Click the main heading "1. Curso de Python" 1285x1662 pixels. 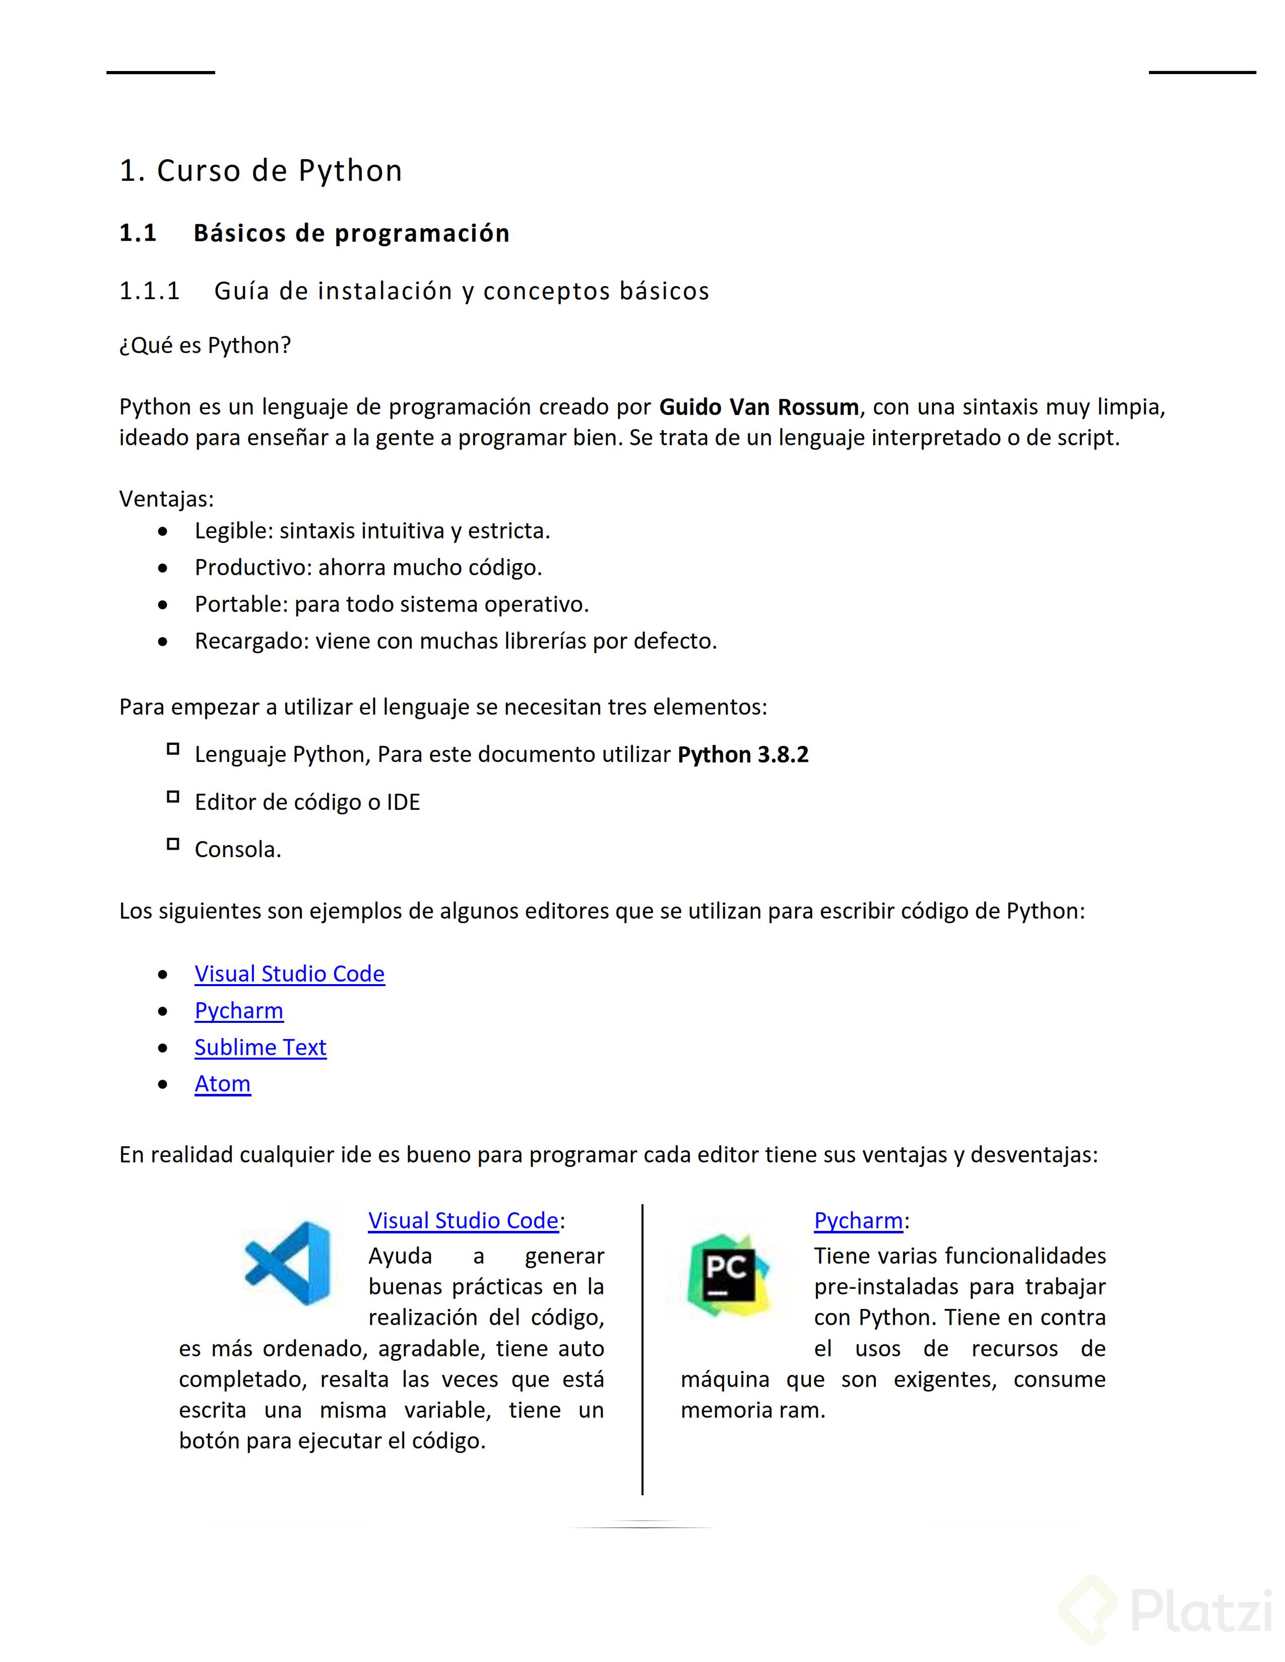pos(261,171)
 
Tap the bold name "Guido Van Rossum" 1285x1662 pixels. pos(758,407)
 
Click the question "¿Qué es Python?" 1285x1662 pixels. pos(205,345)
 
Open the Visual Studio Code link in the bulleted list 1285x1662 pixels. pos(289,974)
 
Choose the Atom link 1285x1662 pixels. pos(222,1084)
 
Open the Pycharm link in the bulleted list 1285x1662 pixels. pos(239,1011)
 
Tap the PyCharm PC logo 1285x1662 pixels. pos(728,1275)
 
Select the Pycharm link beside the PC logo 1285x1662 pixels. pos(858,1221)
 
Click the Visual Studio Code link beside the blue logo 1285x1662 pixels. pos(463,1221)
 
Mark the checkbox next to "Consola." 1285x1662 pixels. pos(173,844)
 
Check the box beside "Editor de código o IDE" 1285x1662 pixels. pos(173,797)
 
